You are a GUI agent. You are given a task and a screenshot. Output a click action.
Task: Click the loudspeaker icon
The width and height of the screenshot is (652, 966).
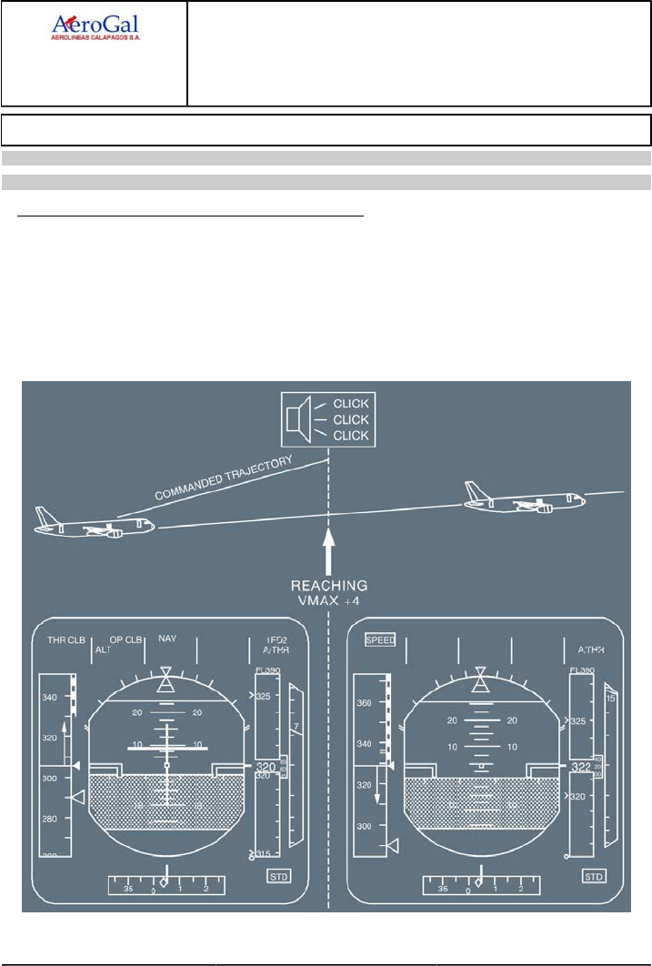[294, 419]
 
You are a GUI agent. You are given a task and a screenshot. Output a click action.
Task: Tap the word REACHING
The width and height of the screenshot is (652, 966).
[329, 585]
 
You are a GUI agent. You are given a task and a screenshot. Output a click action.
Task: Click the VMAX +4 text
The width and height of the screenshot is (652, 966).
[329, 601]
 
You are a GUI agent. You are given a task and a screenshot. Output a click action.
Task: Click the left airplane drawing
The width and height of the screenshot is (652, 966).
[94, 524]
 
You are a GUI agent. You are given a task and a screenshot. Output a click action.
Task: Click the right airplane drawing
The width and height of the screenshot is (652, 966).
[522, 499]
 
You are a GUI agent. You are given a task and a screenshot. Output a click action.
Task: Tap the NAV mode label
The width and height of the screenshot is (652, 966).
[167, 639]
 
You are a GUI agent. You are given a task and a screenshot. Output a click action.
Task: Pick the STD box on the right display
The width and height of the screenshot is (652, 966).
[594, 876]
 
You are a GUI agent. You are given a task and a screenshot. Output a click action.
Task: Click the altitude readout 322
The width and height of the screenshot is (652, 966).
[580, 769]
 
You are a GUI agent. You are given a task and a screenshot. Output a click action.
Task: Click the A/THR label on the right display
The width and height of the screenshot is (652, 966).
[591, 650]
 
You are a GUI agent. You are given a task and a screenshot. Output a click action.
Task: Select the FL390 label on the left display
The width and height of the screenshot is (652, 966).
[267, 670]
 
